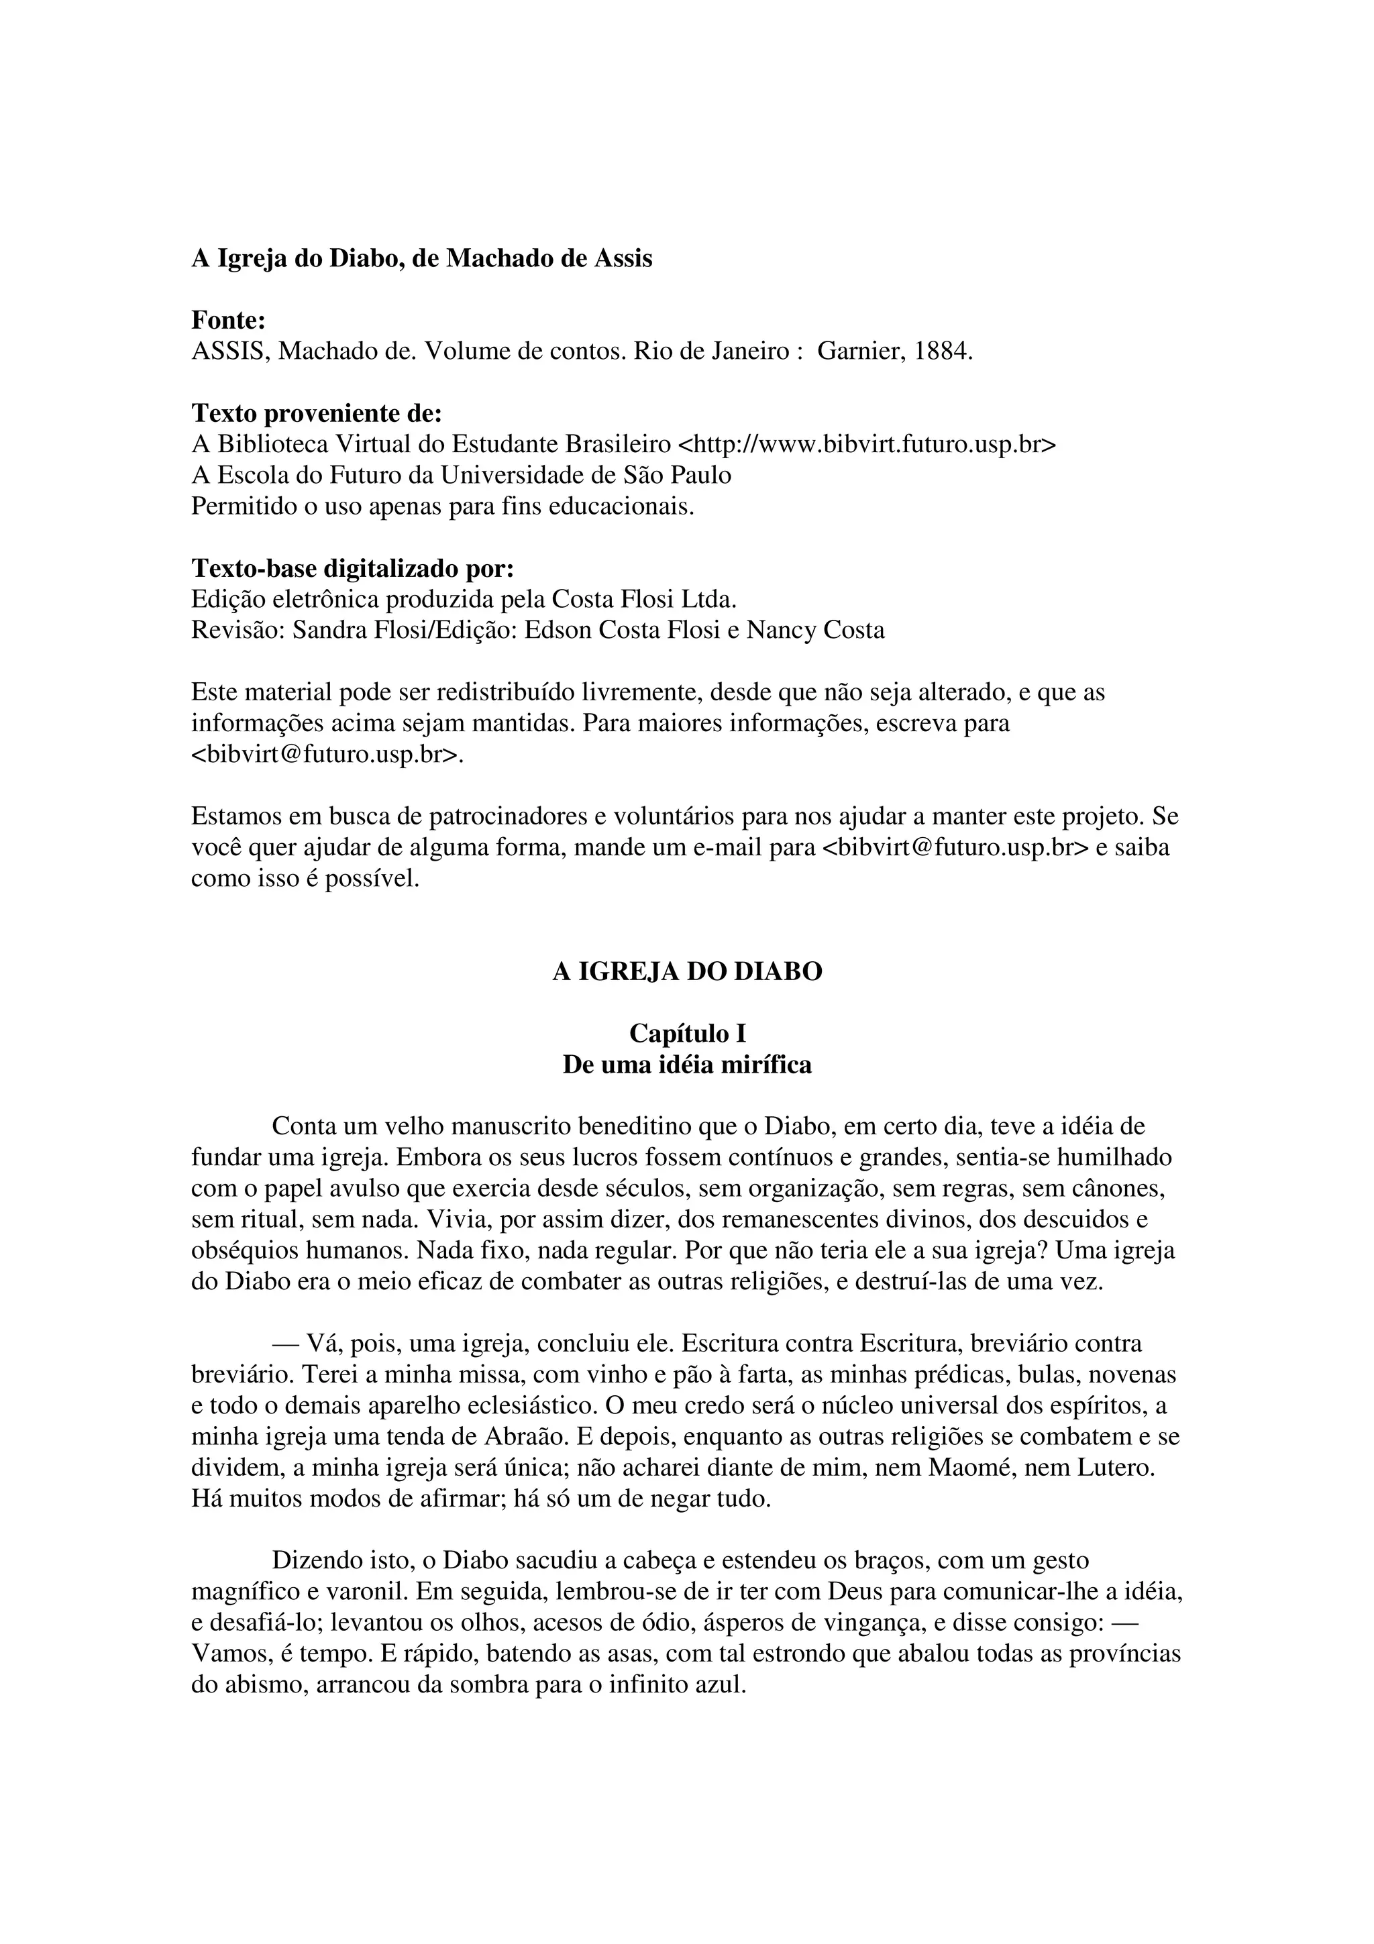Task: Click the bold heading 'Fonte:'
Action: pyautogui.click(x=229, y=320)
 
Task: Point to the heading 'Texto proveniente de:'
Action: pyautogui.click(x=317, y=413)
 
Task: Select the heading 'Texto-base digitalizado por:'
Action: pyautogui.click(x=352, y=568)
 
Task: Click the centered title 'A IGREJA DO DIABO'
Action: pyautogui.click(x=686, y=972)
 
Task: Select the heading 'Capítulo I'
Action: pyautogui.click(x=686, y=1034)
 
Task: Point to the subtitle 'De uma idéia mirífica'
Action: pyautogui.click(x=686, y=1065)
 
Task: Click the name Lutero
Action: pyautogui.click(x=1115, y=1467)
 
